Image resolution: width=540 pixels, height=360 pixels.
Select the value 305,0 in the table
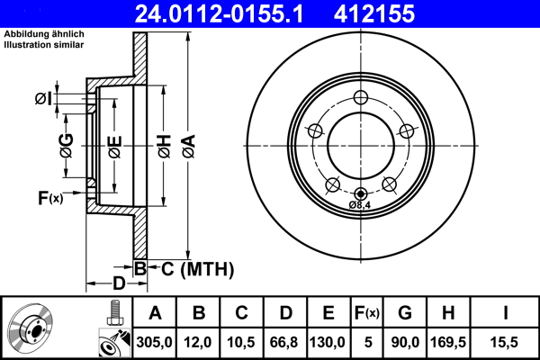[155, 342]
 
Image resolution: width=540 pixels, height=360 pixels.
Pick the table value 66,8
[285, 342]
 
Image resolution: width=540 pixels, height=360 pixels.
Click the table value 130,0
[328, 342]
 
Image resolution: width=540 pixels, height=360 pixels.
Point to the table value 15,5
[506, 342]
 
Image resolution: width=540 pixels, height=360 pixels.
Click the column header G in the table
[404, 313]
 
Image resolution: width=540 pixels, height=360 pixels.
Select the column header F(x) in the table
[365, 313]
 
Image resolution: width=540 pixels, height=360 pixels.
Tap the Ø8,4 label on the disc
[361, 205]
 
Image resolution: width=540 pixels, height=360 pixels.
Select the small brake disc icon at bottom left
[31, 328]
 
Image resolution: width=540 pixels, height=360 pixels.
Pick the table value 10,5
[242, 342]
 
